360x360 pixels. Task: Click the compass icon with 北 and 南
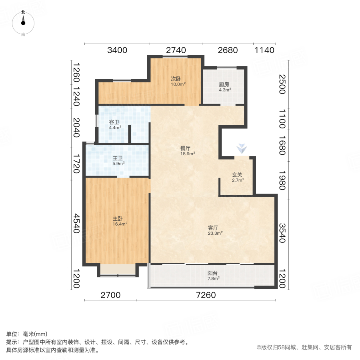pyautogui.click(x=23, y=23)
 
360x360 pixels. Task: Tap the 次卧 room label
pyautogui.click(x=176, y=78)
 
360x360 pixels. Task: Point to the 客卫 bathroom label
pyautogui.click(x=114, y=122)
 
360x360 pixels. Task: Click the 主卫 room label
pyautogui.click(x=118, y=158)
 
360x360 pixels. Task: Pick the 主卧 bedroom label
pyautogui.click(x=117, y=218)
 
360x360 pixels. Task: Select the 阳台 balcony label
pyautogui.click(x=213, y=273)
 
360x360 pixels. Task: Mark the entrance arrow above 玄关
pyautogui.click(x=241, y=148)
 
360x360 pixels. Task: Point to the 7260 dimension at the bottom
pyautogui.click(x=206, y=296)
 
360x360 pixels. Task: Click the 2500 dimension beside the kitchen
pyautogui.click(x=282, y=84)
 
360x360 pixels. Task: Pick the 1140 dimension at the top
pyautogui.click(x=264, y=50)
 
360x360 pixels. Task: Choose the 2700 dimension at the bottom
pyautogui.click(x=110, y=296)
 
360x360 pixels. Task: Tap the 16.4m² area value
pyautogui.click(x=120, y=224)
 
